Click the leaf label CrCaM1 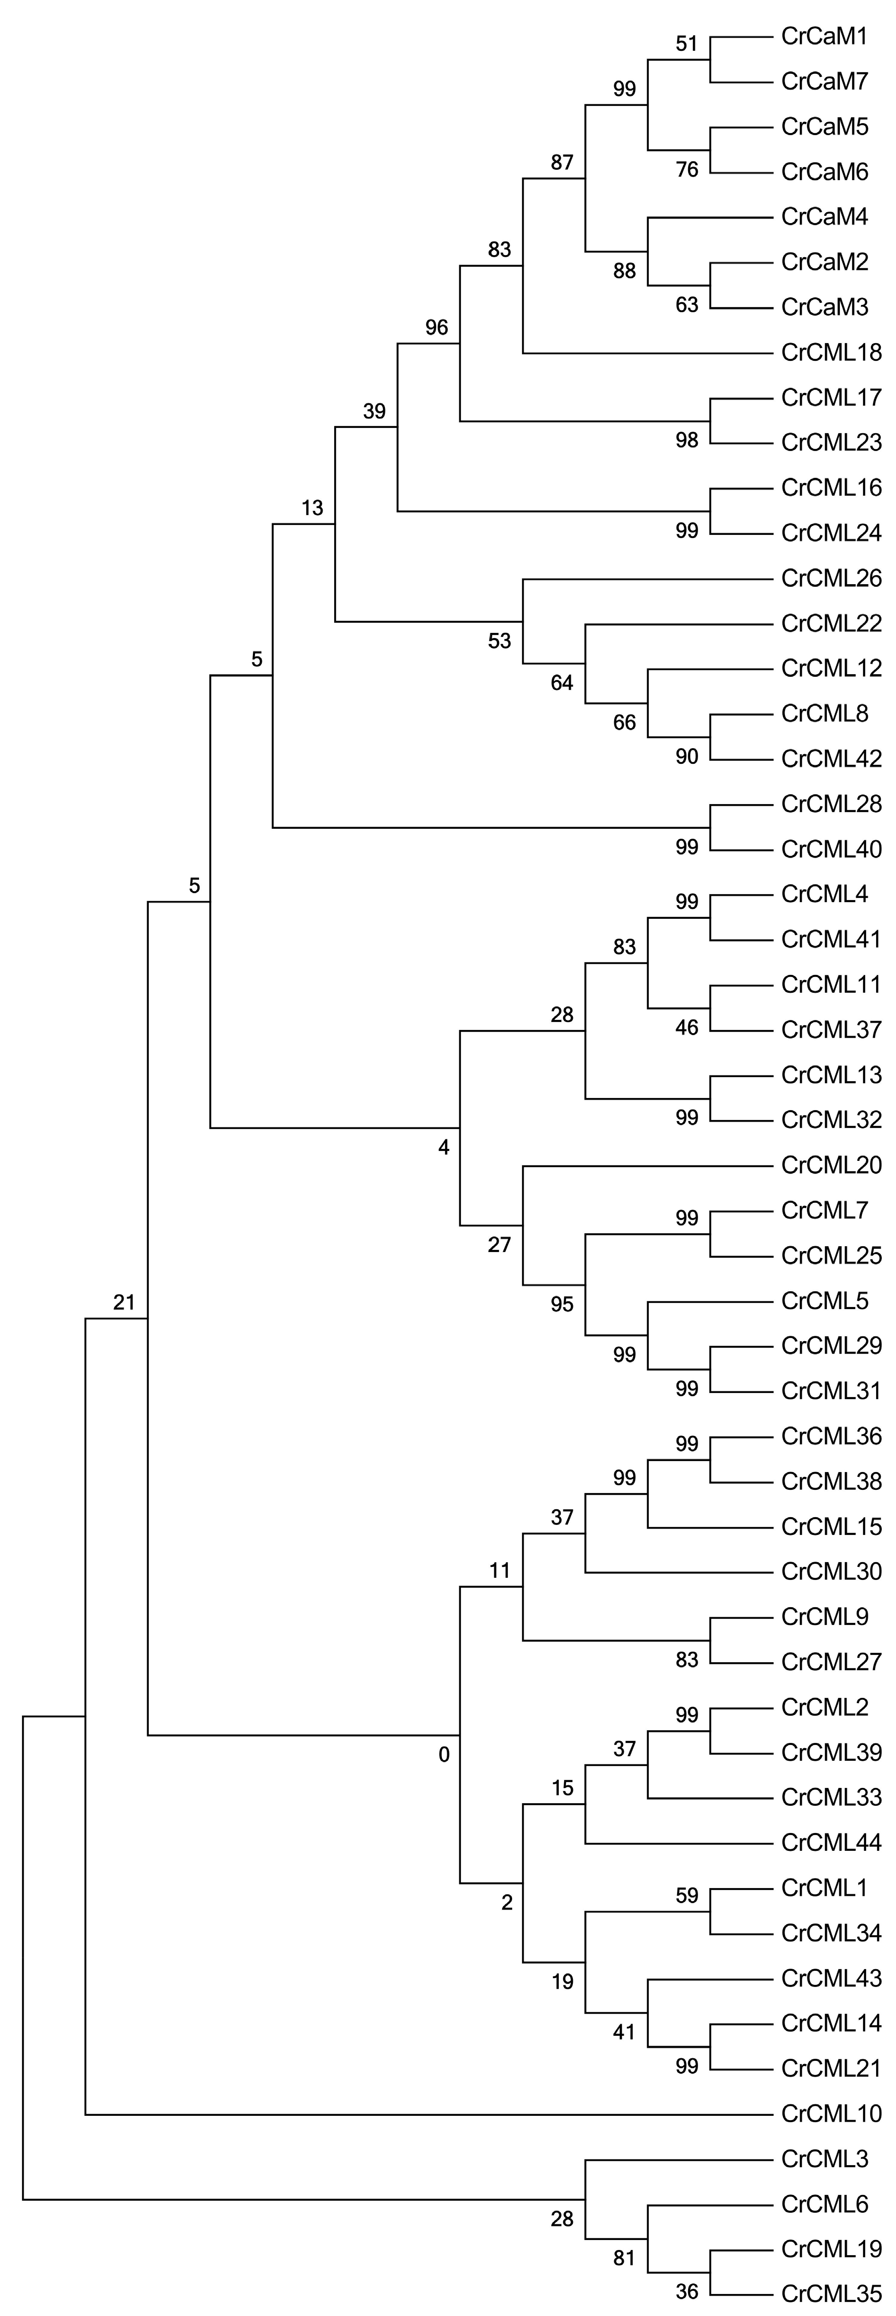click(824, 37)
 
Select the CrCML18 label click(831, 353)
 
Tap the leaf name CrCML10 click(831, 2113)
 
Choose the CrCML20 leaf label click(831, 1165)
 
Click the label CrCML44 click(831, 1842)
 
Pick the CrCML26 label click(831, 578)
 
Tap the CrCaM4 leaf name click(824, 217)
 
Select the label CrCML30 click(831, 1572)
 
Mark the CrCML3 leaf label click(824, 2158)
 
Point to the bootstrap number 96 click(437, 327)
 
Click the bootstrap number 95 click(562, 1304)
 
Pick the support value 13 click(312, 508)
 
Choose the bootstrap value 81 click(625, 2257)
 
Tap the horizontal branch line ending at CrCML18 click(647, 353)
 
